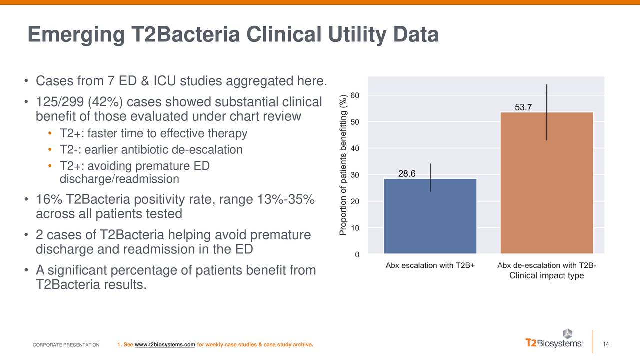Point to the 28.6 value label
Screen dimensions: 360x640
pos(407,173)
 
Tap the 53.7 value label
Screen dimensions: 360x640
pos(524,108)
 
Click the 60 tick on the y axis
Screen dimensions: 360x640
pos(354,95)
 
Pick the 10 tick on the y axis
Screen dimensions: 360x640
pos(354,228)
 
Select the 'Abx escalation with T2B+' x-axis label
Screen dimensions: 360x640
pos(430,265)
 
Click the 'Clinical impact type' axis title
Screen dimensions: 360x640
pos(546,276)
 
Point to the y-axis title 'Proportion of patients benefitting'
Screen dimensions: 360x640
pos(343,165)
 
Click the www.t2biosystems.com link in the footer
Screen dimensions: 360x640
pos(164,345)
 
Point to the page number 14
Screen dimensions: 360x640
pos(607,343)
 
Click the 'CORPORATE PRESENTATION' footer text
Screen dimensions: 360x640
pos(66,345)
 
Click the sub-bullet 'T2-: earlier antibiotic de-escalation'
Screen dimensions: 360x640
pos(151,149)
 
